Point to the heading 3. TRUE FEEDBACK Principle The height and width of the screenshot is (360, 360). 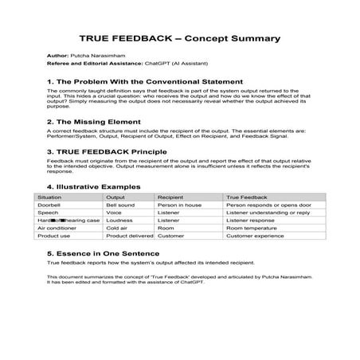108,151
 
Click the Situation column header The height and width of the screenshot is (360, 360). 49,196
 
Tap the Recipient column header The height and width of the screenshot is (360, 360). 171,196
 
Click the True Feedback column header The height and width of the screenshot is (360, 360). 246,196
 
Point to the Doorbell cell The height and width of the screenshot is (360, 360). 49,205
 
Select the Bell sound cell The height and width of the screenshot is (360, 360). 122,205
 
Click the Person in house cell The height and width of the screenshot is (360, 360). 180,205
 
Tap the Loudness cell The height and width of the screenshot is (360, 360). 120,219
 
